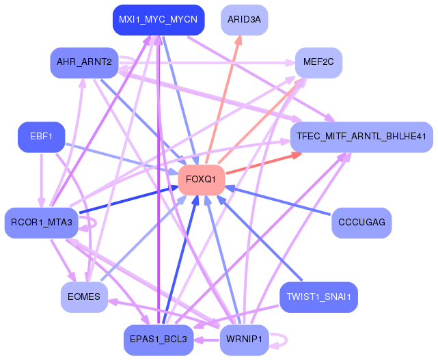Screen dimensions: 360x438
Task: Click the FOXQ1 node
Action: click(202, 180)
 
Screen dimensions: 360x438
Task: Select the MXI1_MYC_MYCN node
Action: click(158, 20)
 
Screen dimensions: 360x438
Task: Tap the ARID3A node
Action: click(244, 20)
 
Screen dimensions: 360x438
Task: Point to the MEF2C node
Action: click(318, 63)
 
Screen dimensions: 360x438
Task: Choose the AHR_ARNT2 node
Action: click(84, 63)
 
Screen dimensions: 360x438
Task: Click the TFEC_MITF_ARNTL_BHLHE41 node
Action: click(362, 137)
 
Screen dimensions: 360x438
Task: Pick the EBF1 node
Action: click(41, 137)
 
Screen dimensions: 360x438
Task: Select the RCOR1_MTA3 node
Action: click(42, 223)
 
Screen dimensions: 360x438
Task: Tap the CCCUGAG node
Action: click(361, 223)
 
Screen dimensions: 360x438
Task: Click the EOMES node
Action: click(84, 297)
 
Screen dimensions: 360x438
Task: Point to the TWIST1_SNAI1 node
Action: click(318, 297)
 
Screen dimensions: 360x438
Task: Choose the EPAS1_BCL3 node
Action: click(158, 340)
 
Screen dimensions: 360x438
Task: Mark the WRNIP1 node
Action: click(244, 340)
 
